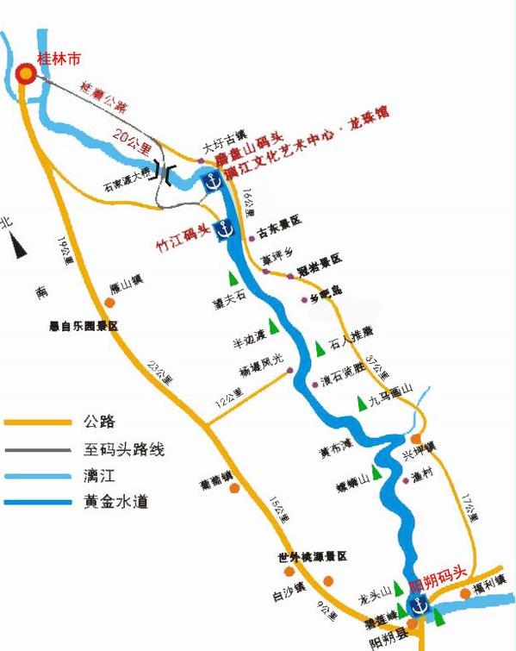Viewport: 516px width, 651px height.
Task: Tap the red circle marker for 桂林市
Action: click(x=27, y=74)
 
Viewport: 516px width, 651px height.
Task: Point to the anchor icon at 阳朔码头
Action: click(x=417, y=606)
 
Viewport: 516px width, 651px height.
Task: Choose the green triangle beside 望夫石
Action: click(x=232, y=279)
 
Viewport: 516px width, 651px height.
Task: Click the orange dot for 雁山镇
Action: click(x=109, y=302)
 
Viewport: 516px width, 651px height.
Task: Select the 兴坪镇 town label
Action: click(x=420, y=446)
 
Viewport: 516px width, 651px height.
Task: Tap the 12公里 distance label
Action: click(x=231, y=396)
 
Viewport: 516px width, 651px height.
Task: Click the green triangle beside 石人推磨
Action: click(x=320, y=347)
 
